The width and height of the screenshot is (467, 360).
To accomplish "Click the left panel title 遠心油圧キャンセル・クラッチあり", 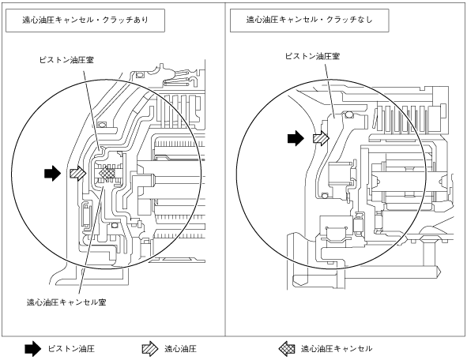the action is click(85, 20).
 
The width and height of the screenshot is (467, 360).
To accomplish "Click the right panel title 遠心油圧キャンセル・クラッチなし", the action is click(309, 20).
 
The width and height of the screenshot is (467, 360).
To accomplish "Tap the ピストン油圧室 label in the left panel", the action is click(66, 60).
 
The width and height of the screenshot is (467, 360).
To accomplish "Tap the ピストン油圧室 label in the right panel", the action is click(312, 56).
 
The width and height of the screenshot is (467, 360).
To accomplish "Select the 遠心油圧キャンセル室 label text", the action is click(66, 302).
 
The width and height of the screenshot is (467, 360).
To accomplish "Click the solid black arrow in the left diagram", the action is click(52, 173).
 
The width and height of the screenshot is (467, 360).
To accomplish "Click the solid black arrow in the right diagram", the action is click(296, 138).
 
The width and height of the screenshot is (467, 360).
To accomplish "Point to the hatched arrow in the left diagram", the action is click(78, 173).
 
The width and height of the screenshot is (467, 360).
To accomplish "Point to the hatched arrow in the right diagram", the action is click(321, 138).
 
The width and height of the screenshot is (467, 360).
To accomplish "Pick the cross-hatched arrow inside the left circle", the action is click(107, 173).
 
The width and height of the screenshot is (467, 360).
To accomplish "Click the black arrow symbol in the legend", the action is click(32, 349).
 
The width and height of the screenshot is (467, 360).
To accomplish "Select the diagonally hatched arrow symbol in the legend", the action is click(150, 349).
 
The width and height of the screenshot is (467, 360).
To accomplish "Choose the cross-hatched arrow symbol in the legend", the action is click(287, 349).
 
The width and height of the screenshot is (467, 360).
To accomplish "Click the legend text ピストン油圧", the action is click(71, 349).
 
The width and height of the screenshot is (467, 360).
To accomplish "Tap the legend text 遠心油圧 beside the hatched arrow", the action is click(180, 349).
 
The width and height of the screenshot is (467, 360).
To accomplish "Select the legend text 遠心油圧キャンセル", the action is click(337, 349).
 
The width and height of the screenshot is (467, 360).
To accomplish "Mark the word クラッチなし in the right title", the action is click(349, 20).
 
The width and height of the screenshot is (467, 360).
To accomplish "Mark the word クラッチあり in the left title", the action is click(126, 20).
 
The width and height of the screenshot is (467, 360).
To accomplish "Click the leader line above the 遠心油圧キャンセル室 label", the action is click(92, 239).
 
